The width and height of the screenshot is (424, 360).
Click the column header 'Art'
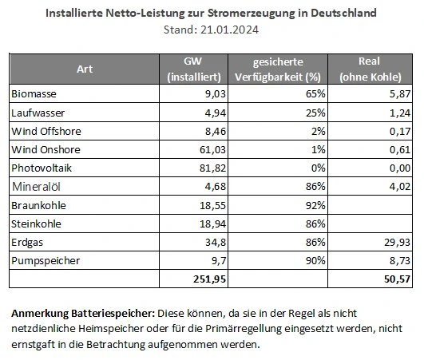tap(85, 69)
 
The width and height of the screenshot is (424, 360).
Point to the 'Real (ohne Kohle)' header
tap(371, 69)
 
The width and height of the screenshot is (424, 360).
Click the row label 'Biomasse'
tap(34, 94)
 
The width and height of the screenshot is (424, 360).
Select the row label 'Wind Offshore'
tap(46, 131)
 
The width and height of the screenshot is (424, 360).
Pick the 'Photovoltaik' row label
tap(41, 168)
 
